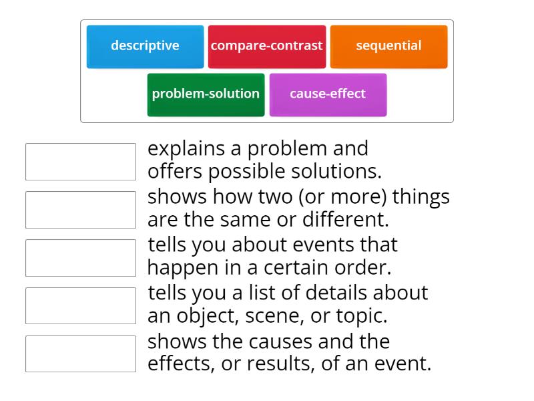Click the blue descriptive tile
[x=145, y=46]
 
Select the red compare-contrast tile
[x=267, y=46]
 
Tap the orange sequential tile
[x=388, y=46]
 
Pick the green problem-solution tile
[x=206, y=94]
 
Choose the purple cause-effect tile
[x=328, y=94]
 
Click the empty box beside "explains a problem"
[x=81, y=162]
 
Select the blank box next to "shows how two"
[x=81, y=210]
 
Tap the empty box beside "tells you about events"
[x=81, y=258]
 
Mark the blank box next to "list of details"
[x=81, y=306]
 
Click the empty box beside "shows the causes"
[x=81, y=354]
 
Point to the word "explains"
[x=187, y=148]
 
